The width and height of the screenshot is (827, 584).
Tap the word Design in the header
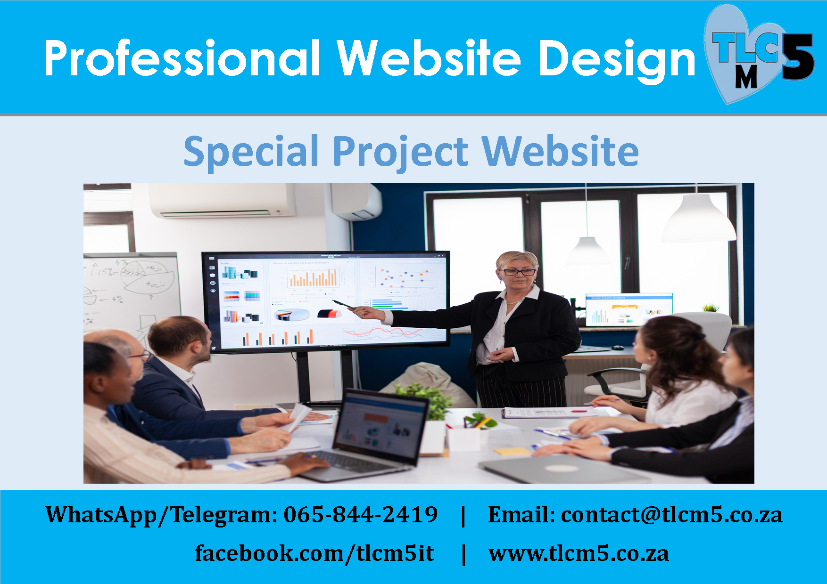point(617,60)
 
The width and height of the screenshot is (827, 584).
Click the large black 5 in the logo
point(798,57)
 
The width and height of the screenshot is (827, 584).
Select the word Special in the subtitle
point(251,152)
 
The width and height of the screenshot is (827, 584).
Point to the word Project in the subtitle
point(401,152)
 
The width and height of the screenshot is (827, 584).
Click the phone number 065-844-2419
point(361,514)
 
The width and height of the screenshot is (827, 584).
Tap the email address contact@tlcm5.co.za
point(671,514)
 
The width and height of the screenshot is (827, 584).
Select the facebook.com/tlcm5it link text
point(314,553)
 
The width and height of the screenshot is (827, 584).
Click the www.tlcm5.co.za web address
point(579,554)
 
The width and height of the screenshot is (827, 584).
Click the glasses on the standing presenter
point(519,272)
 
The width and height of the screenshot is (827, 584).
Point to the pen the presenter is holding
point(343,304)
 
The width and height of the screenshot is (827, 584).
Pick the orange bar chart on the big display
point(314,277)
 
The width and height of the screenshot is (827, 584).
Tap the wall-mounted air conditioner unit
point(222,200)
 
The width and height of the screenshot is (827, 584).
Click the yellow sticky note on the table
point(512,451)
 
